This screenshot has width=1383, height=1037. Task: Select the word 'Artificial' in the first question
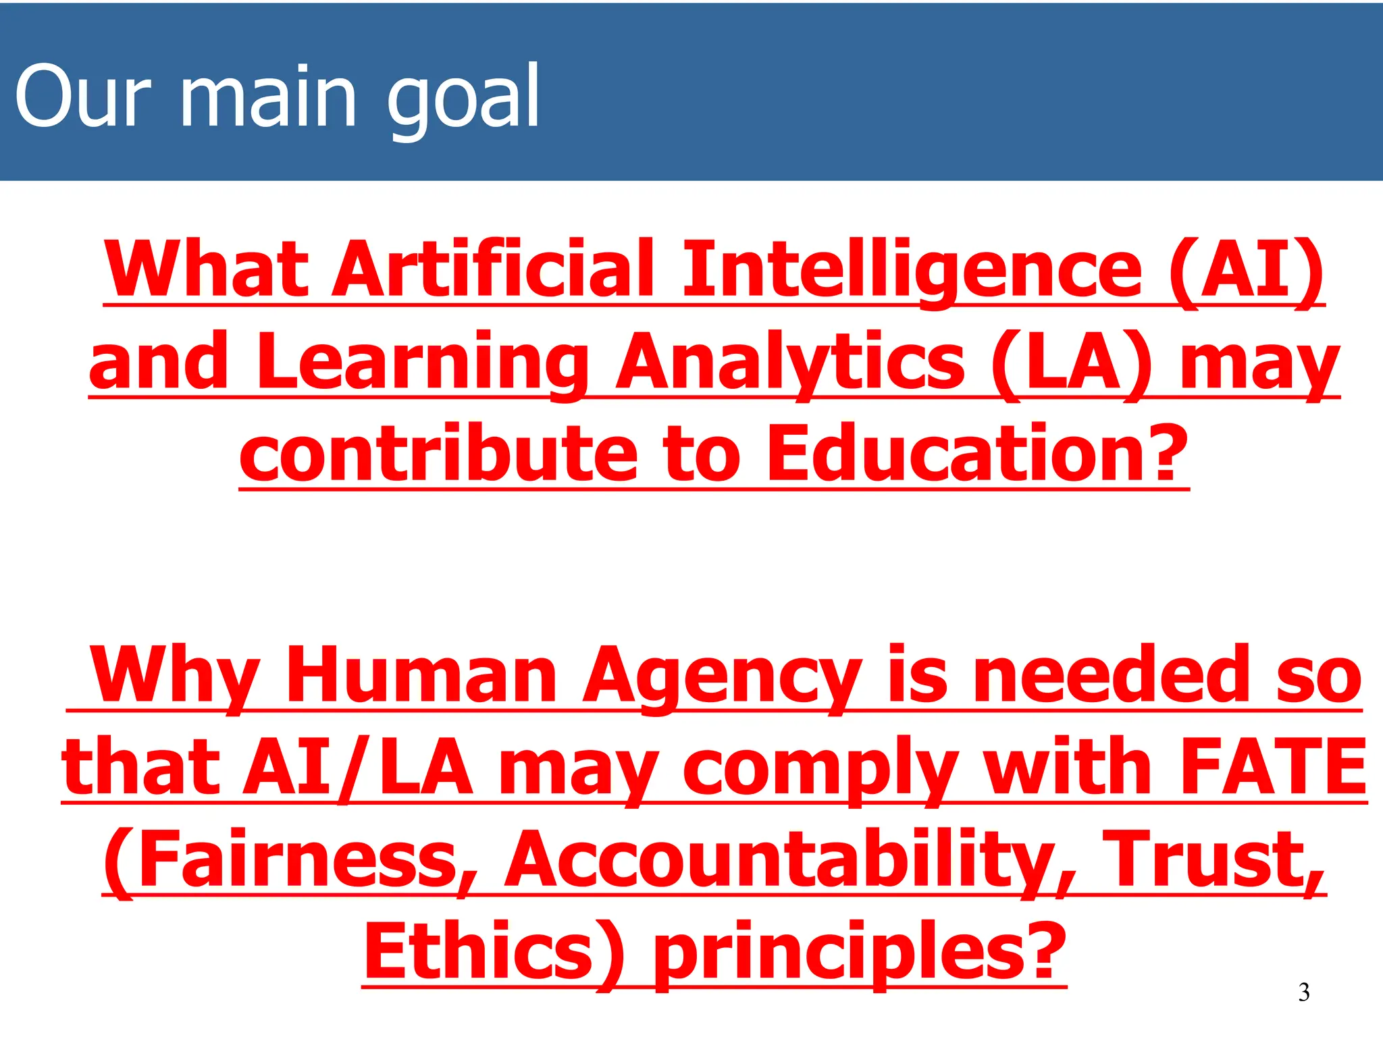tap(494, 270)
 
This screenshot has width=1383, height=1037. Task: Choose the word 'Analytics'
tap(790, 363)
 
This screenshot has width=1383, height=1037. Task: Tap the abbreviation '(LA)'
tap(1071, 363)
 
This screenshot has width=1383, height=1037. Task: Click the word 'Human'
tap(421, 675)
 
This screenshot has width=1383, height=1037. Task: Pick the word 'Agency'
tap(722, 675)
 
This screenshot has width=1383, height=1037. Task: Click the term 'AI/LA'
tap(359, 768)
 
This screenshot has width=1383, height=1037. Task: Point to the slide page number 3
tap(1304, 992)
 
